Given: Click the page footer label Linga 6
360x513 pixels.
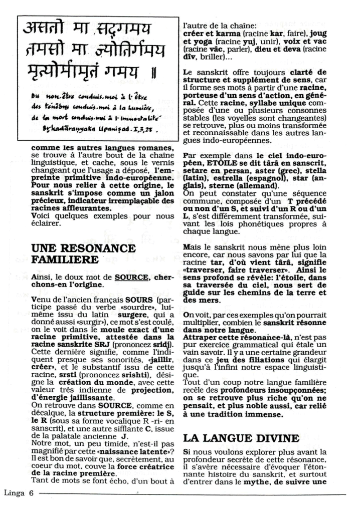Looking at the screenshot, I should tap(18, 492).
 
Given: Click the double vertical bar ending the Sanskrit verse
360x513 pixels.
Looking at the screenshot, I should tap(153, 74).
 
